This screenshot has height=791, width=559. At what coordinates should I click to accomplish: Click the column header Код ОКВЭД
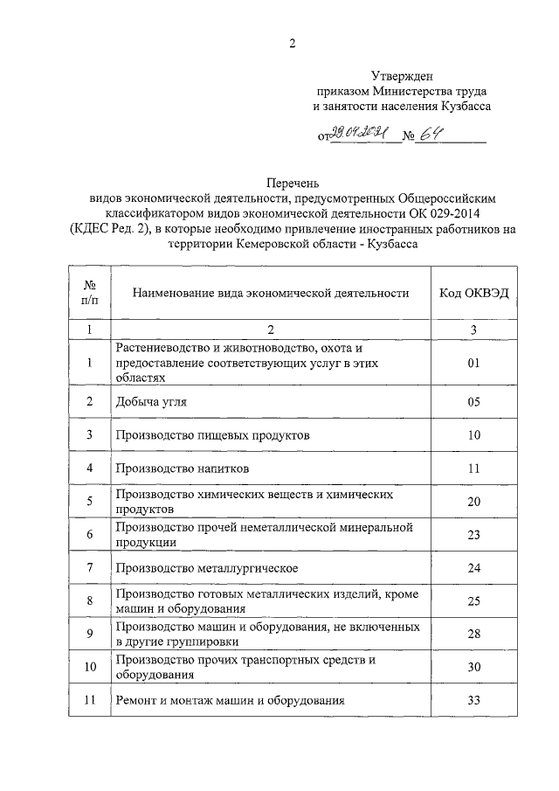pos(473,293)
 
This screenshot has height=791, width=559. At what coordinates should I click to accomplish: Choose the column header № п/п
pos(89,293)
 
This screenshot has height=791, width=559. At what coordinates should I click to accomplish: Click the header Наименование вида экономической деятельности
pos(270,293)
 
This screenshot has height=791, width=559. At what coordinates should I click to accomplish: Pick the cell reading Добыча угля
pos(149,401)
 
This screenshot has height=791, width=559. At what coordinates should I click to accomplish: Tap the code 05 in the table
pos(473,401)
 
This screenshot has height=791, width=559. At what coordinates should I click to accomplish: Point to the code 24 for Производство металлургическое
pos(473,568)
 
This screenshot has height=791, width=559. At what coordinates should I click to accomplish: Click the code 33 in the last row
pos(473,701)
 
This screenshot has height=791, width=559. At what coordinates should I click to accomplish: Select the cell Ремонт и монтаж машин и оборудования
pos(229,701)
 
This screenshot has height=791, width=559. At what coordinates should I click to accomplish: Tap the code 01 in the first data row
pos(473,361)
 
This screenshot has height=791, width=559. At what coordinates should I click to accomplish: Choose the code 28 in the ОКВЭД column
pos(473,634)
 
